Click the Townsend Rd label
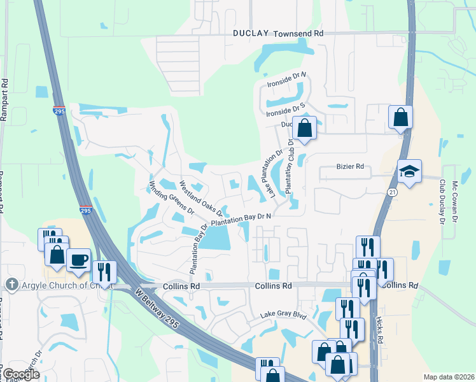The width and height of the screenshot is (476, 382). coord(298,32)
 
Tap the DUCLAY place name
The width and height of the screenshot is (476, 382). coord(251,33)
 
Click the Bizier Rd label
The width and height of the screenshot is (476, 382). coord(349,167)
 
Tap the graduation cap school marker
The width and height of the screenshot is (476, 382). coord(409,171)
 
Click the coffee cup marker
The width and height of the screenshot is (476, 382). coord(79,260)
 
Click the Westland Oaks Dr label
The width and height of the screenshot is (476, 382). coord(200,197)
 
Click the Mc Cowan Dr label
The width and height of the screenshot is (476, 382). coord(455,202)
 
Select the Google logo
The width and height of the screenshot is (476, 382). coord(21,374)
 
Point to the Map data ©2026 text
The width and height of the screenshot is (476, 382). coord(447,376)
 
